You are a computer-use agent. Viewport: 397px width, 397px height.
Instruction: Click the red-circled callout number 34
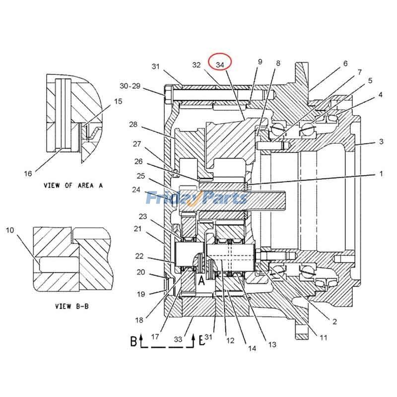[x=220, y=65]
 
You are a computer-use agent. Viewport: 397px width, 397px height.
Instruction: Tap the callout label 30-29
[x=130, y=86]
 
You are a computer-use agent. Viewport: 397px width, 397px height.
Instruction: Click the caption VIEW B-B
[x=72, y=306]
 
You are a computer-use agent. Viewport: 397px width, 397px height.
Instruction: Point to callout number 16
[x=28, y=173]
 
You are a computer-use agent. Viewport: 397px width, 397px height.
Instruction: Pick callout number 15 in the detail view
[x=118, y=101]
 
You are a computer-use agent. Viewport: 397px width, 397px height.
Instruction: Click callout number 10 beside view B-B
[x=10, y=230]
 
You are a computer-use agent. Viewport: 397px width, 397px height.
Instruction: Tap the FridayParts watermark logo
[x=197, y=198]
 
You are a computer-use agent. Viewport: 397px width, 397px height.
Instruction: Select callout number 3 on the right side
[x=381, y=142]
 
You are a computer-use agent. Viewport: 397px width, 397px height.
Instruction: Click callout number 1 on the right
[x=381, y=174]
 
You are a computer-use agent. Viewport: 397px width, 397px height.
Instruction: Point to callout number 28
[x=133, y=124]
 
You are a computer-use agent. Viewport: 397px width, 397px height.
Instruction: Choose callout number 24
[x=136, y=189]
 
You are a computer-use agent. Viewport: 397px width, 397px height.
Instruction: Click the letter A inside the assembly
[x=202, y=281]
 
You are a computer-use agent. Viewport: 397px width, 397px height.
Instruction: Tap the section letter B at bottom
[x=133, y=341]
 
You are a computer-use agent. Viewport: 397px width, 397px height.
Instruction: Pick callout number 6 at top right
[x=345, y=64]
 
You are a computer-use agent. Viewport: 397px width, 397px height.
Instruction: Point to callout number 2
[x=334, y=322]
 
